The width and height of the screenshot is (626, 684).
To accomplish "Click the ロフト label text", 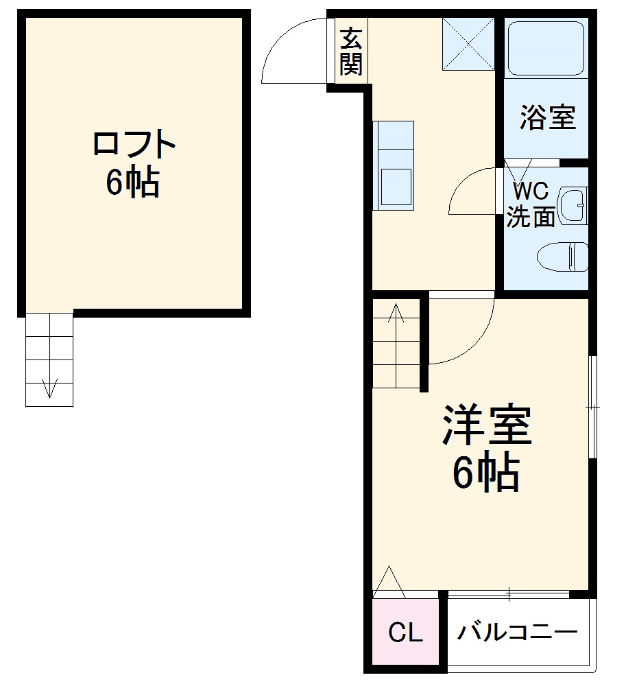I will pyautogui.click(x=134, y=145).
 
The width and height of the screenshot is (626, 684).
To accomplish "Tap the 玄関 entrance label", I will pyautogui.click(x=351, y=51).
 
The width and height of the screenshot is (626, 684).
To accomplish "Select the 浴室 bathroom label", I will pyautogui.click(x=546, y=117).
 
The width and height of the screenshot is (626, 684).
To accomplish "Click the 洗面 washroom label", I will pyautogui.click(x=530, y=217).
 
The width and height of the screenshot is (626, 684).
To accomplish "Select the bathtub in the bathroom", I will pyautogui.click(x=546, y=47).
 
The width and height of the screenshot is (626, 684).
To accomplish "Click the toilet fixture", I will pyautogui.click(x=563, y=257).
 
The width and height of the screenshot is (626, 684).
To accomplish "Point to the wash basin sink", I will pyautogui.click(x=572, y=205).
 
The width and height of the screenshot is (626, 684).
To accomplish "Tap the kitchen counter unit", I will pyautogui.click(x=393, y=165).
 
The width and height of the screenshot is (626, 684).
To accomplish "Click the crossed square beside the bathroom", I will pyautogui.click(x=468, y=44).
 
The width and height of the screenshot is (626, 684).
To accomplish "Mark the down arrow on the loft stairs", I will pyautogui.click(x=49, y=388).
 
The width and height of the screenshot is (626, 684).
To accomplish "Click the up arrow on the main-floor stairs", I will pyautogui.click(x=396, y=314).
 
